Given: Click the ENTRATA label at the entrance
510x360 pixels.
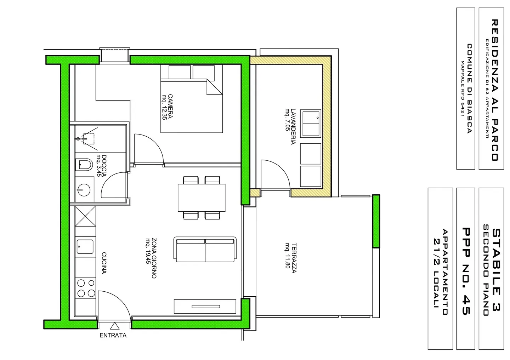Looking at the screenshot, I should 113,335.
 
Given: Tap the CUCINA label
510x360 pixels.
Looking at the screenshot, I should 104,263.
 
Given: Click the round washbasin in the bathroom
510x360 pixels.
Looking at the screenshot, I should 84,189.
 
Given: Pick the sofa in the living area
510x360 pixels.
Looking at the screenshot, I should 205,250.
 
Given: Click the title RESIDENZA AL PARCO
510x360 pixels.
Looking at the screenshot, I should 495,90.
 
